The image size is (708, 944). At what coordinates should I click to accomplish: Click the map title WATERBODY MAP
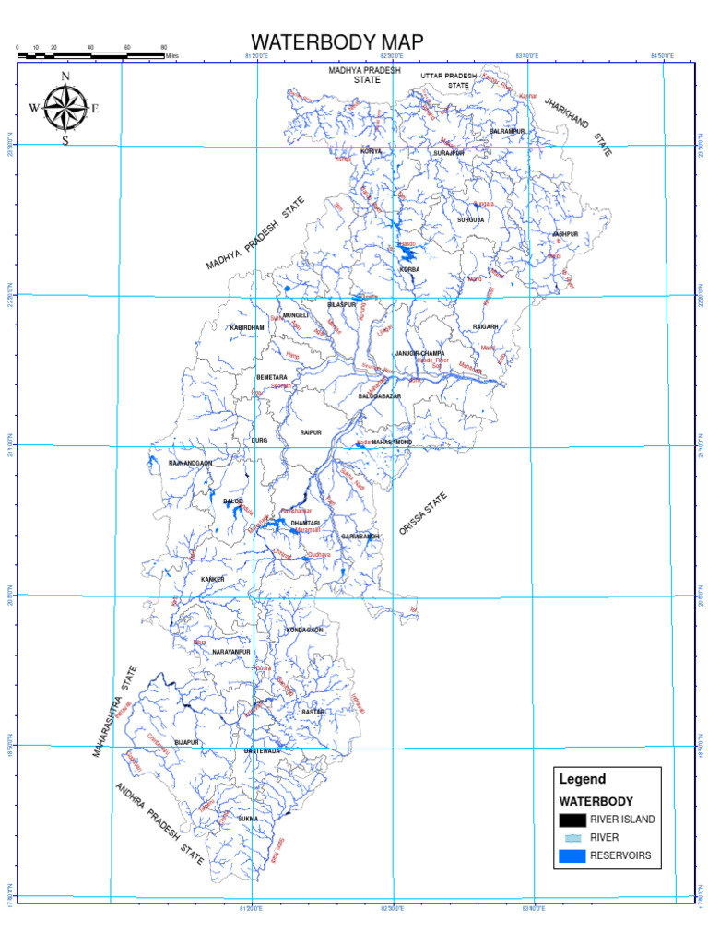[337, 42]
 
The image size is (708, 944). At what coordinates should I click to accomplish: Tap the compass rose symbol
[65, 107]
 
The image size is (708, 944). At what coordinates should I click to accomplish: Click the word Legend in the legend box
[583, 779]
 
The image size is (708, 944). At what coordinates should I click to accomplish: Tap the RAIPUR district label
[310, 431]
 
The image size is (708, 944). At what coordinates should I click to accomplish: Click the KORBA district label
[409, 269]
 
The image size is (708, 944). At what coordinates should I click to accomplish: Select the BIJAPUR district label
[187, 741]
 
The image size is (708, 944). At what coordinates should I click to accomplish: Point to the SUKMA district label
[248, 818]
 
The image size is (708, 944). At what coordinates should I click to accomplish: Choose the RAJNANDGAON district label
[191, 462]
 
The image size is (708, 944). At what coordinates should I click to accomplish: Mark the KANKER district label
[213, 579]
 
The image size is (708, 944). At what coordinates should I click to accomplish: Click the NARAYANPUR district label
[231, 652]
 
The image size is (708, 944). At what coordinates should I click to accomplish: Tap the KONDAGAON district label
[305, 630]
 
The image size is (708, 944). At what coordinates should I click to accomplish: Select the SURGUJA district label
[470, 220]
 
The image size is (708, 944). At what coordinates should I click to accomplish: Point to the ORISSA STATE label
[423, 514]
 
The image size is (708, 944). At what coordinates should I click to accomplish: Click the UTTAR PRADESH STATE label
[449, 79]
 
